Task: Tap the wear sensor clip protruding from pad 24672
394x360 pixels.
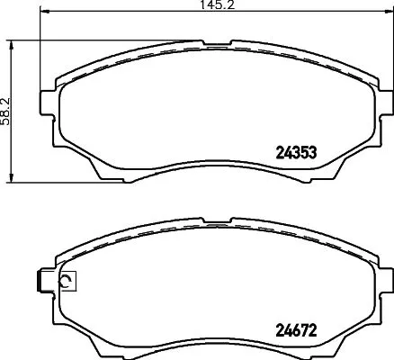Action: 40,281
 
